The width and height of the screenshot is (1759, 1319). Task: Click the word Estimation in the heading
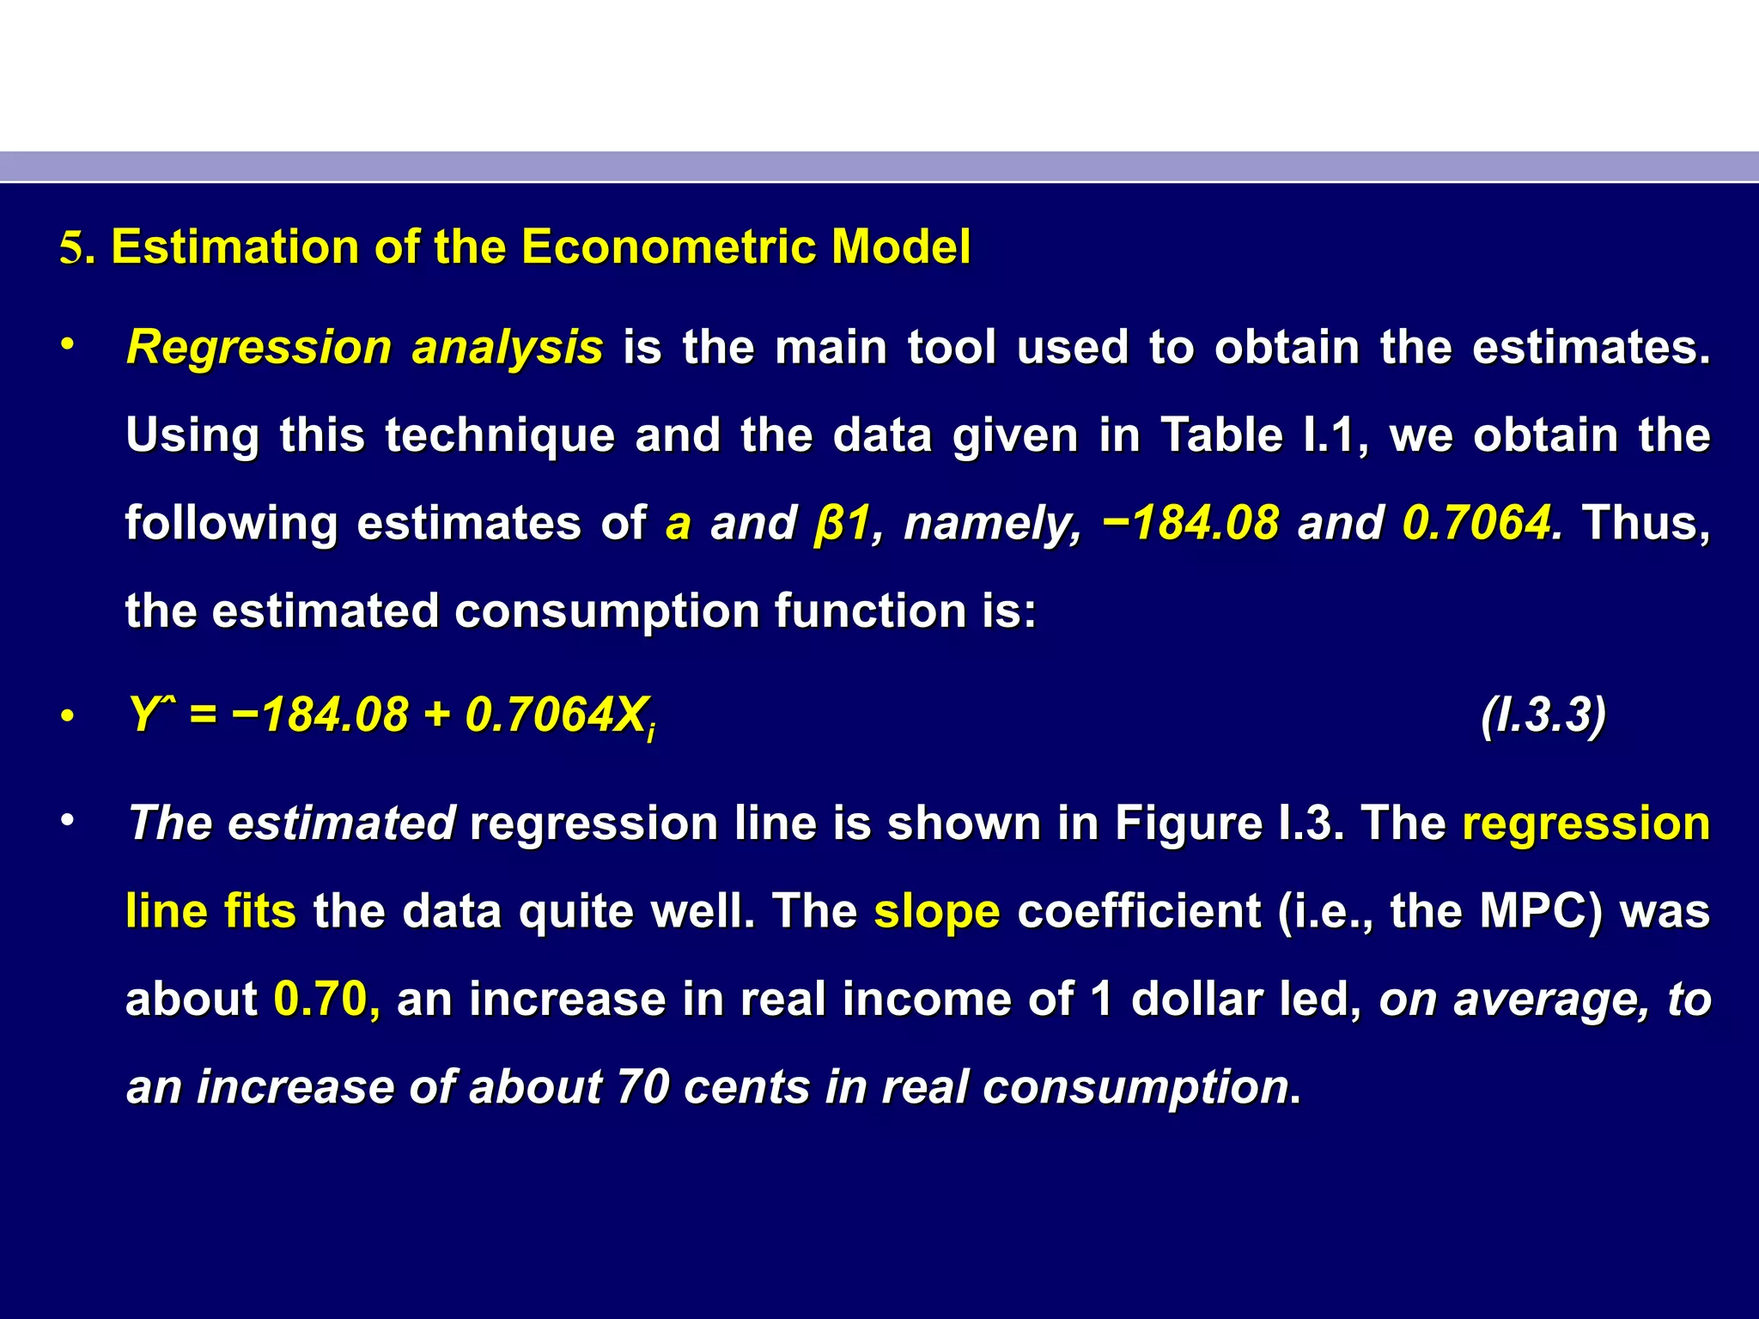[234, 247]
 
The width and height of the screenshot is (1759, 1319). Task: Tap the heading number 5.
[71, 249]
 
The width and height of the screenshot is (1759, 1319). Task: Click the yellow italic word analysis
[507, 348]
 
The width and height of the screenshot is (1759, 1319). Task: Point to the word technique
[500, 435]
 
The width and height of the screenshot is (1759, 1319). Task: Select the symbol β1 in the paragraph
[842, 523]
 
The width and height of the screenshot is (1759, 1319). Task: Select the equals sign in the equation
[203, 715]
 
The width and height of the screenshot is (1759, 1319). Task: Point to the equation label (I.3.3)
[1543, 715]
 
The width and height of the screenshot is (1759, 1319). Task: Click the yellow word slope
[936, 912]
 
